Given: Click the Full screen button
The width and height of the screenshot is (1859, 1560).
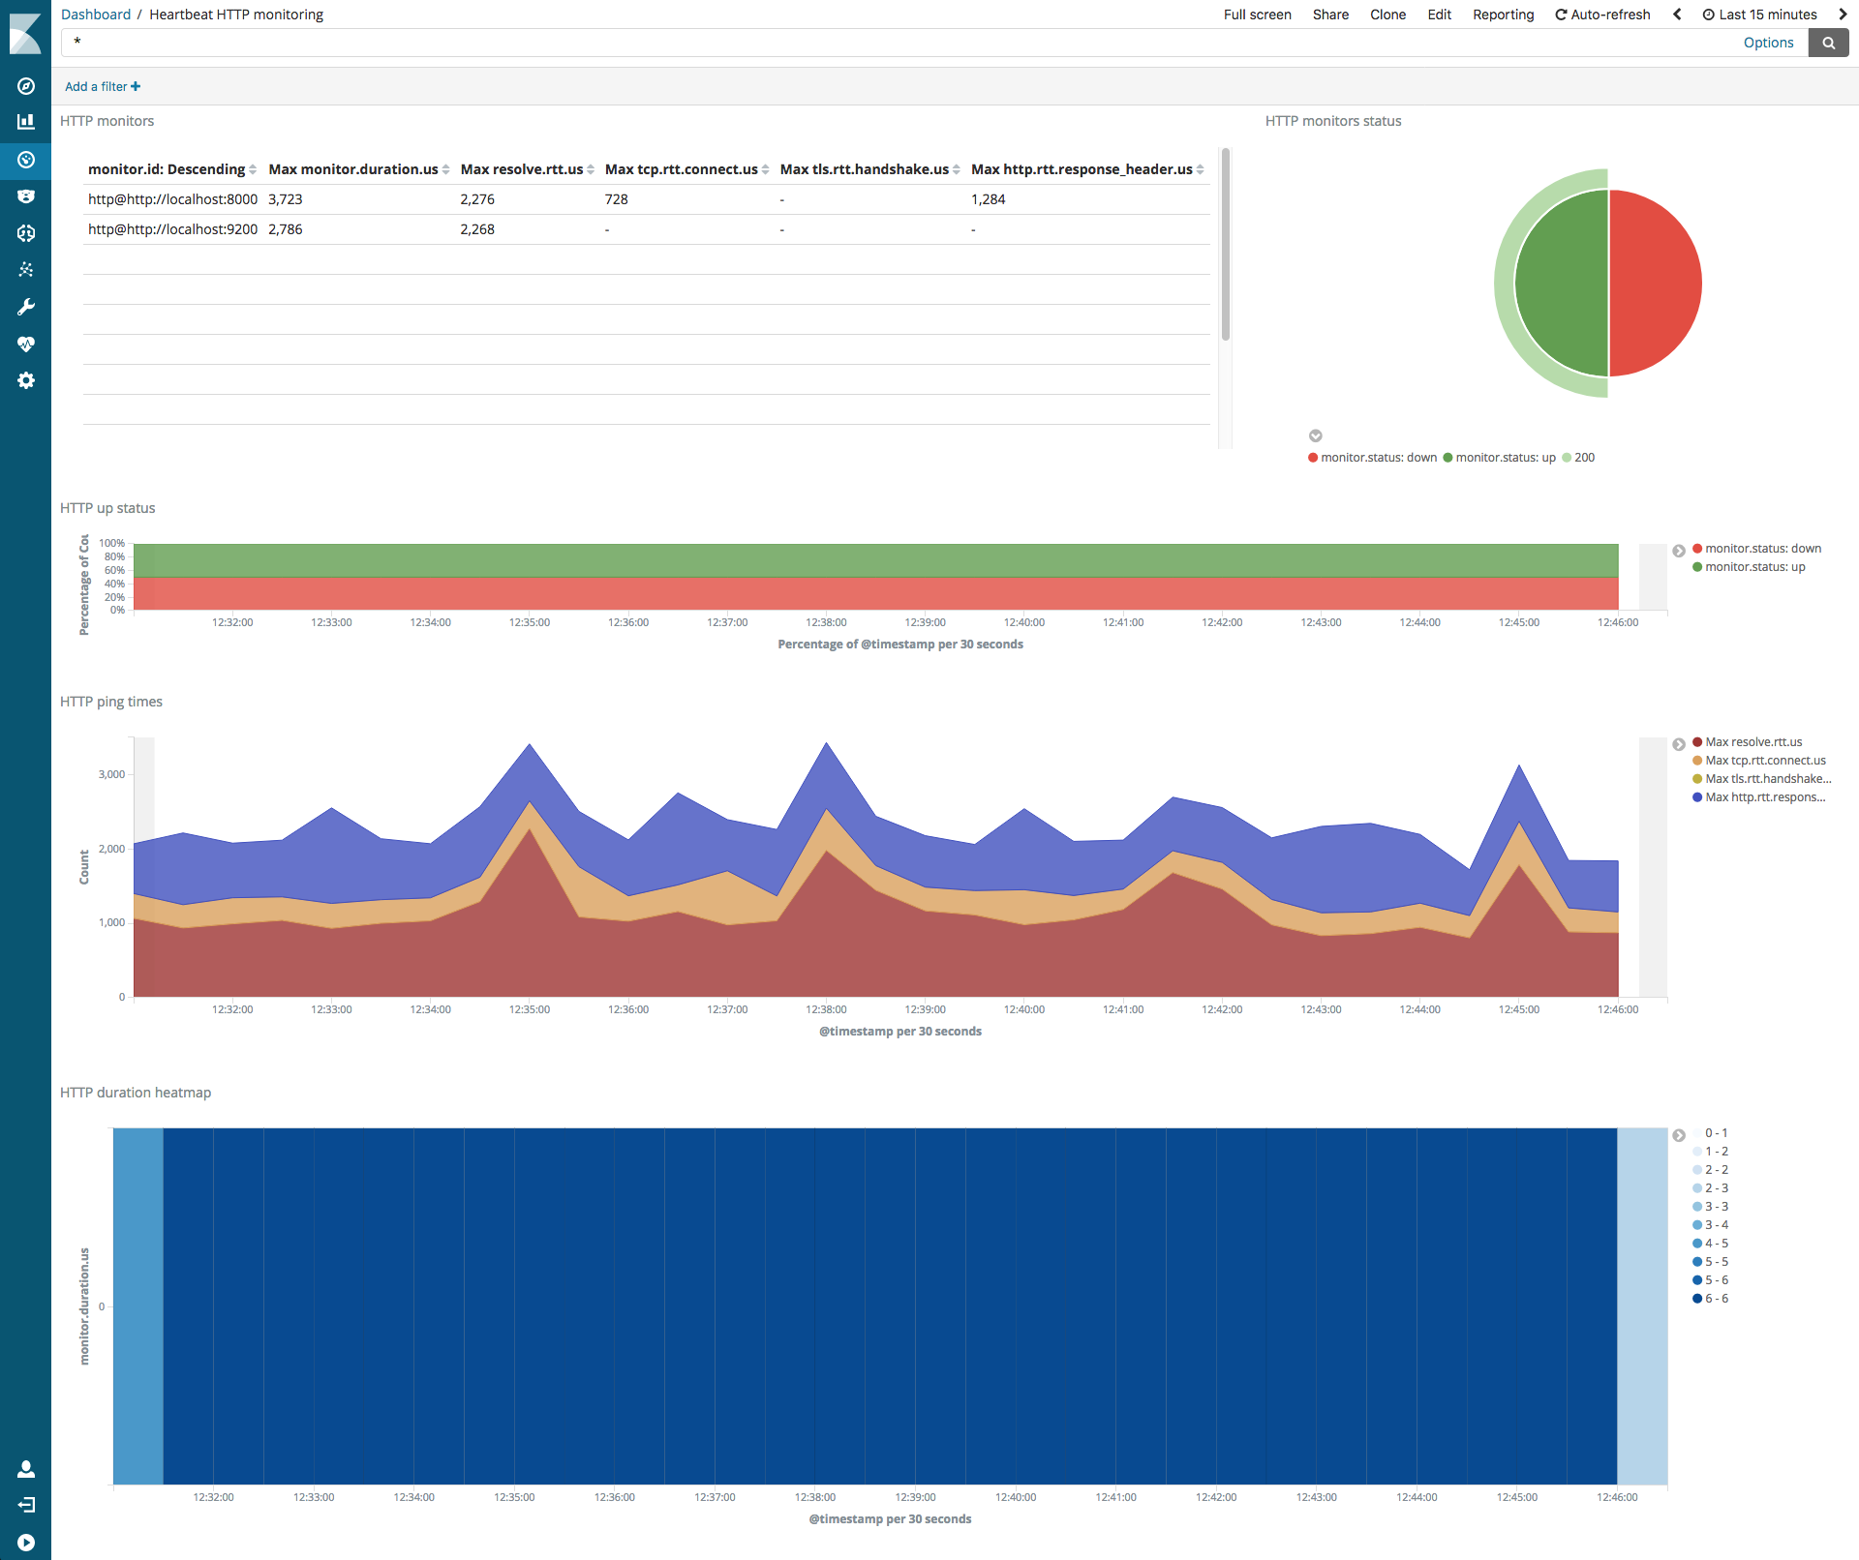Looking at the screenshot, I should click(x=1257, y=15).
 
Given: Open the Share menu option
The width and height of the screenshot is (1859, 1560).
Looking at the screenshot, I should click(x=1330, y=15).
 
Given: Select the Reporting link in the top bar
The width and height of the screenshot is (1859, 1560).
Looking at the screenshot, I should click(x=1503, y=15).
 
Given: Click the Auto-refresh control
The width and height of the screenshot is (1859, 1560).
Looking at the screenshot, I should click(x=1602, y=15).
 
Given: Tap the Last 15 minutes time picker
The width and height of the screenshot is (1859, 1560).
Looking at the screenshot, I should click(x=1759, y=15).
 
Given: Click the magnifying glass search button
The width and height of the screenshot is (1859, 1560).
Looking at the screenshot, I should click(x=1828, y=43).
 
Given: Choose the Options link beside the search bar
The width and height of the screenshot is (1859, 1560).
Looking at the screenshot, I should click(x=1768, y=43).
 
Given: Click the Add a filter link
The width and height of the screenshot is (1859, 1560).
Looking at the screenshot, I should click(x=102, y=86).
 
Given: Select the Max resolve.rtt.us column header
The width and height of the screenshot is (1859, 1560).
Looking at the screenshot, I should click(x=522, y=169).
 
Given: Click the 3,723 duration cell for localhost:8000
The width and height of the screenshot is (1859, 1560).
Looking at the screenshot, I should click(x=286, y=199).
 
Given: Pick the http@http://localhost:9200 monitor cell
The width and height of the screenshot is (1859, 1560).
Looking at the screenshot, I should click(x=172, y=229).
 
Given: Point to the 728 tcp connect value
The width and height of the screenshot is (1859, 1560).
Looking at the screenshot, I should click(x=617, y=199).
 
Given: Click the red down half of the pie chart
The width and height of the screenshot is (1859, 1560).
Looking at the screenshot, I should click(x=1656, y=283).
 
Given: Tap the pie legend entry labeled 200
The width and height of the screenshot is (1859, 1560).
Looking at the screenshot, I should click(x=1584, y=458).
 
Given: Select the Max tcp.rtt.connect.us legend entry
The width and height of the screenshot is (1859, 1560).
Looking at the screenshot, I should click(x=1765, y=761).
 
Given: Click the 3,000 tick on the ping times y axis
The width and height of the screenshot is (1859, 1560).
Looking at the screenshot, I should click(x=111, y=774).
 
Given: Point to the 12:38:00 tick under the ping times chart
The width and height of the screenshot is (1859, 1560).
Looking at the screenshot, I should click(x=826, y=1009).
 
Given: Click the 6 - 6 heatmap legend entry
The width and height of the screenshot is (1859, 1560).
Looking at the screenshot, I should click(x=1716, y=1299).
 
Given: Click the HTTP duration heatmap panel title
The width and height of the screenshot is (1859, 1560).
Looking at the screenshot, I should click(x=136, y=1093).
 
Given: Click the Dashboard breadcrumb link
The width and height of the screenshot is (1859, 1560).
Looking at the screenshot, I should click(x=96, y=15).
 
